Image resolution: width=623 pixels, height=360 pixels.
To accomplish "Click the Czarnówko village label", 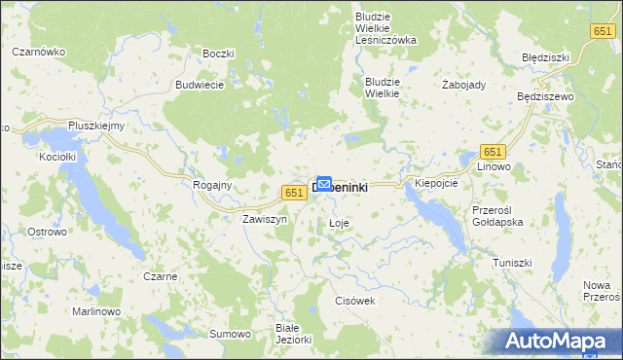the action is point(38,52).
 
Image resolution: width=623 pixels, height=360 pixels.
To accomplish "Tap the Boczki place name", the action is point(218,53).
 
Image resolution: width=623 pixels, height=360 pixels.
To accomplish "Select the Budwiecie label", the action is point(200,85).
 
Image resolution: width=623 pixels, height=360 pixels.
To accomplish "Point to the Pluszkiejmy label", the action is point(96,126).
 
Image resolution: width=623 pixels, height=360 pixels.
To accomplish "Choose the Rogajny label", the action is point(212,185).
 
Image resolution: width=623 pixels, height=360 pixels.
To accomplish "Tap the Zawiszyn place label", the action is point(264,219).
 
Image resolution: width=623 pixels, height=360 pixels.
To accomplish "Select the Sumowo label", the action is point(231,334).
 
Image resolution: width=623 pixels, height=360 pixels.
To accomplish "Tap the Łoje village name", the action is point(338,224).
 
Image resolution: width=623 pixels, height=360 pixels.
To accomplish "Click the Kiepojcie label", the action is point(436,183).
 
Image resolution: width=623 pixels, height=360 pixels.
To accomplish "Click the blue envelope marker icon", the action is point(324,182).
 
